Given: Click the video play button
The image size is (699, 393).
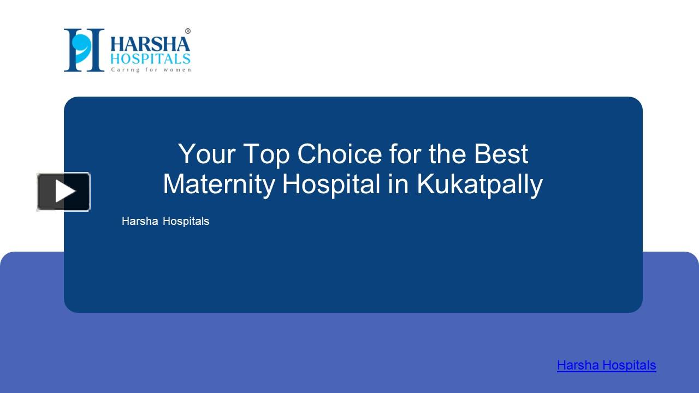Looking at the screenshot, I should [x=63, y=192].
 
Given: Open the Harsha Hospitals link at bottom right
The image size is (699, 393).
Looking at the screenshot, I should [x=606, y=365].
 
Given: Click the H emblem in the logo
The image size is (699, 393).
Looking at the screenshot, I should [x=84, y=50].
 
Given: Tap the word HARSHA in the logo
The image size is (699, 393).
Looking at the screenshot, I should [x=150, y=43].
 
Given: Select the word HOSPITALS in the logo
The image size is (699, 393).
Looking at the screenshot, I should [x=150, y=58].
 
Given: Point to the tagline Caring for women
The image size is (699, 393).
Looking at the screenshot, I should [x=151, y=69].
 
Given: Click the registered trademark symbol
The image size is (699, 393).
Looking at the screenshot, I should [x=188, y=31].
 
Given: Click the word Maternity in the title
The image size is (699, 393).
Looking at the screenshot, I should [x=218, y=184].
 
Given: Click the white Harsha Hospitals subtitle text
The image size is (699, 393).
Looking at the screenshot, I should [x=165, y=221].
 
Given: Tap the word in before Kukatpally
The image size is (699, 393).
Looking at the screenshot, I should [x=399, y=184].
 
